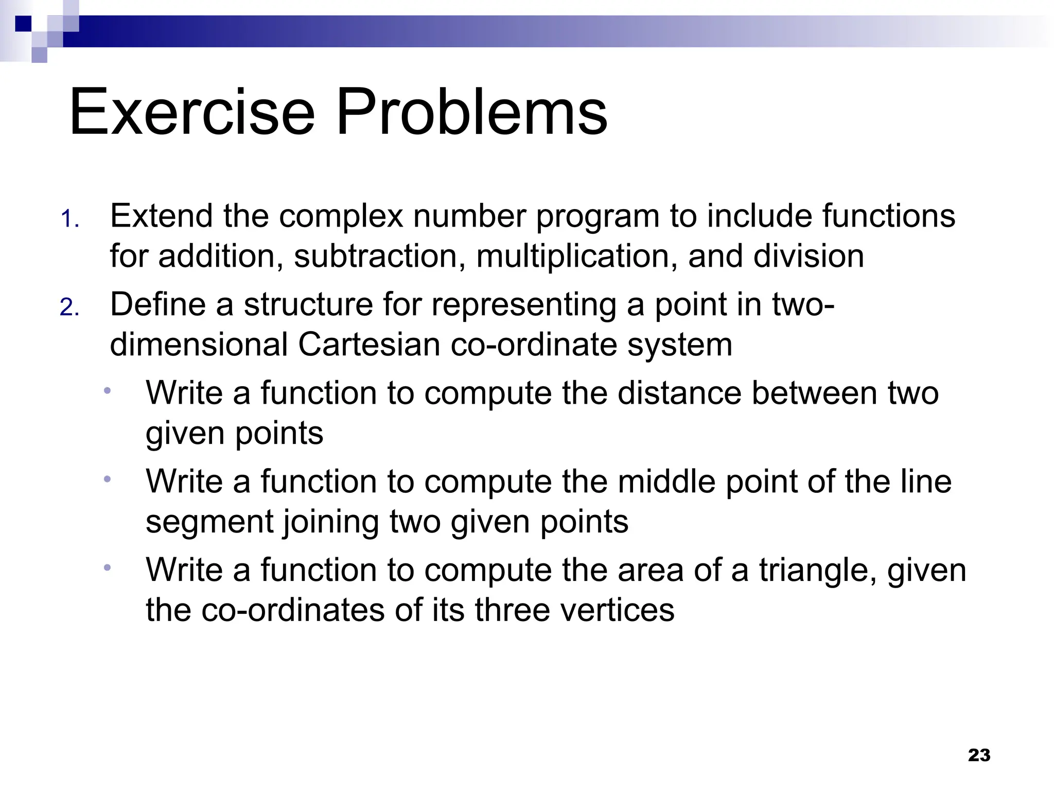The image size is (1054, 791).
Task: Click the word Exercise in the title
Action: click(191, 112)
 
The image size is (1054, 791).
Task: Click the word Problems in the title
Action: click(471, 112)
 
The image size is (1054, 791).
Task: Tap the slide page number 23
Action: click(979, 755)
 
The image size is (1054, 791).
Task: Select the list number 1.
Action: click(69, 219)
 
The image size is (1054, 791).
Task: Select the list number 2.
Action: click(69, 308)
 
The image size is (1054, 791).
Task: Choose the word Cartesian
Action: click(368, 345)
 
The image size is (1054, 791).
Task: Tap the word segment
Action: click(209, 522)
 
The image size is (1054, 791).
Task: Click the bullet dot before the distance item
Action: click(107, 391)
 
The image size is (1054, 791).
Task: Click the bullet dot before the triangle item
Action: click(107, 568)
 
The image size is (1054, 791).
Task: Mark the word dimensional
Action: click(199, 345)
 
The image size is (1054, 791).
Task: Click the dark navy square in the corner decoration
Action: click(23, 24)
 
